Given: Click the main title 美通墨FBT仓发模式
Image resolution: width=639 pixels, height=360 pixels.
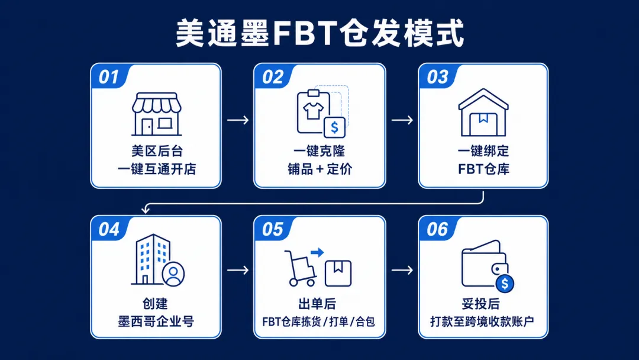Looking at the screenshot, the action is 320,33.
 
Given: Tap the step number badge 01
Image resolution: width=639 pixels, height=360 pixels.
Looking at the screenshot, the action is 109,76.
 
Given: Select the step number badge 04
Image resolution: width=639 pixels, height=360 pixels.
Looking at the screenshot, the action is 109,229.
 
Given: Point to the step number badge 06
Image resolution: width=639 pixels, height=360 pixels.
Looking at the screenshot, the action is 437,229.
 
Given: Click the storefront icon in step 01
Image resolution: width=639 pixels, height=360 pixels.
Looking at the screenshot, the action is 156,114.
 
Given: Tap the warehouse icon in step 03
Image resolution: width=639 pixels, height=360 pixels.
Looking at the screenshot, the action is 483,112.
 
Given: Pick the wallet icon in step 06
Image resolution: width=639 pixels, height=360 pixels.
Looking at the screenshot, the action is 485,263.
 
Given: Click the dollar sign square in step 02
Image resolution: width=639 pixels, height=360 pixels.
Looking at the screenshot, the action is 334,128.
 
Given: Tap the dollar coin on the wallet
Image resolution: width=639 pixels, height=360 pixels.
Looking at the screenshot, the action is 505,284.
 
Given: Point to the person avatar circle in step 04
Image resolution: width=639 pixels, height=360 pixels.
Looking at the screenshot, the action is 173,274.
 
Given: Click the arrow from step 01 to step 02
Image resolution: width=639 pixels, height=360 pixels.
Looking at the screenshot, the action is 238,120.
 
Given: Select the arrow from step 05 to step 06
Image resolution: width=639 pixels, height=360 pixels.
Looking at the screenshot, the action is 402,270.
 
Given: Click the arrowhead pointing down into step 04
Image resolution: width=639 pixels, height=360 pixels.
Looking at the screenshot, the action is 146,210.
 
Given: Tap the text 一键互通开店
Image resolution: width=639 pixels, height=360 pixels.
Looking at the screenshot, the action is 157,169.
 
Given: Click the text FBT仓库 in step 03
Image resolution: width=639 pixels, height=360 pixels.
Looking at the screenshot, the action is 484,169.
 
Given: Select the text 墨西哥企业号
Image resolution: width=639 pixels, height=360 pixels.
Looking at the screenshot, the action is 156,322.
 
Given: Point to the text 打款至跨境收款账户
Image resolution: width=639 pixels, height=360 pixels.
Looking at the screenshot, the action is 482,322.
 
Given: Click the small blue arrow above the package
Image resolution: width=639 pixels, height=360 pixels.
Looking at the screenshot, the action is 317,252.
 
